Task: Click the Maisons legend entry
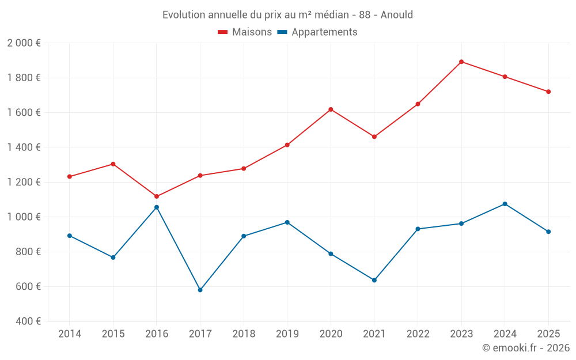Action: [245, 32]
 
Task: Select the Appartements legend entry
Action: [317, 32]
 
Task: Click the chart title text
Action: [287, 15]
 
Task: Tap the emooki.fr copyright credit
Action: [525, 348]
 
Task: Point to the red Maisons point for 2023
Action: [461, 62]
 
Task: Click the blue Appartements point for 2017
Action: [200, 290]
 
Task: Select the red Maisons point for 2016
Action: [157, 196]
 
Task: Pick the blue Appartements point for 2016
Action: [157, 207]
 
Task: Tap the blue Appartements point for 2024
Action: [505, 204]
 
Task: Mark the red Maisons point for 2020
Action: [331, 109]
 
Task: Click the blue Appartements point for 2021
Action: [374, 280]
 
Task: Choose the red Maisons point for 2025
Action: [548, 92]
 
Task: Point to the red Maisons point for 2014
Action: [70, 177]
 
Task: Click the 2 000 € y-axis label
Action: [24, 43]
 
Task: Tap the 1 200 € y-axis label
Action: [24, 183]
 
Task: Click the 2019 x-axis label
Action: [287, 334]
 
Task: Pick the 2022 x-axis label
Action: [418, 334]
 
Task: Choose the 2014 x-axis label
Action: [70, 334]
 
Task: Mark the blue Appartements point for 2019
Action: [287, 222]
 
